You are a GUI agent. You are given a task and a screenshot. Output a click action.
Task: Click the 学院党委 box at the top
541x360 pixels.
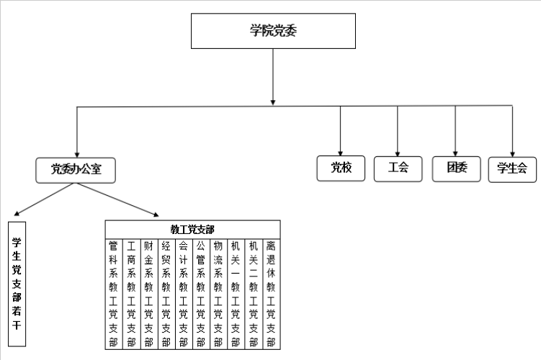tap(273, 31)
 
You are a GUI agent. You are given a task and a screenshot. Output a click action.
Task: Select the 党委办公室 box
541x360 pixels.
tap(76, 171)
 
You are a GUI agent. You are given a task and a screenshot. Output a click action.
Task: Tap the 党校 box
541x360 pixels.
tap(341, 168)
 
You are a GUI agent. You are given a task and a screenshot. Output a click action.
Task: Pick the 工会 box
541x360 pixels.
tap(398, 168)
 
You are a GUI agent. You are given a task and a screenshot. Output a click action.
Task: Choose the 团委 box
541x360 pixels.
tap(457, 168)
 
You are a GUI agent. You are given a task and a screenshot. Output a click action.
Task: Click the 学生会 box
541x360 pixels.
tap(512, 169)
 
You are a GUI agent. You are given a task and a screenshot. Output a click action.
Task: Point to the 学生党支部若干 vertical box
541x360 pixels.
tap(17, 284)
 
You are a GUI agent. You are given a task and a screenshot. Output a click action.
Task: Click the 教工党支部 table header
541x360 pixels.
tap(192, 230)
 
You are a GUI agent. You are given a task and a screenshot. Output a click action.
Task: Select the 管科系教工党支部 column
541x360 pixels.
tap(114, 294)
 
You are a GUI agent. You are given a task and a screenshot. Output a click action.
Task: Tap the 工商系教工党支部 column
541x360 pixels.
tap(131, 294)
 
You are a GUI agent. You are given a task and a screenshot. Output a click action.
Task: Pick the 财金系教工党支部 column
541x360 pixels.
tap(149, 294)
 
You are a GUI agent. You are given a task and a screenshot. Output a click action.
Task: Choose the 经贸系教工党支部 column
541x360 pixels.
tap(166, 294)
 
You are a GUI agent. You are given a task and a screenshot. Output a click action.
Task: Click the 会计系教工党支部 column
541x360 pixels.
tap(184, 294)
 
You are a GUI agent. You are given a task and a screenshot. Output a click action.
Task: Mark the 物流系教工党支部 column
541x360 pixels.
tap(219, 294)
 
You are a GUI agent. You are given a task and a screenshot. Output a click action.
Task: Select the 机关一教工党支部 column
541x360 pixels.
tap(236, 294)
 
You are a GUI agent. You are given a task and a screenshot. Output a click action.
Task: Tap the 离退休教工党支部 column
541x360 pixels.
tap(272, 294)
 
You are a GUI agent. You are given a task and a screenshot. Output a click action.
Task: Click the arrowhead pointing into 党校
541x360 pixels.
tap(341, 153)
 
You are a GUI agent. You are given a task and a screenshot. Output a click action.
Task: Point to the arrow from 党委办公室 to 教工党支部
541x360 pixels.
tap(117, 200)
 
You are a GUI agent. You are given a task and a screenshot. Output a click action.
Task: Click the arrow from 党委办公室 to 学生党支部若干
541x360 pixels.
tap(44, 199)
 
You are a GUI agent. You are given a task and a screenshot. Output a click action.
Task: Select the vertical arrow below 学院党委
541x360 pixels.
tap(273, 77)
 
